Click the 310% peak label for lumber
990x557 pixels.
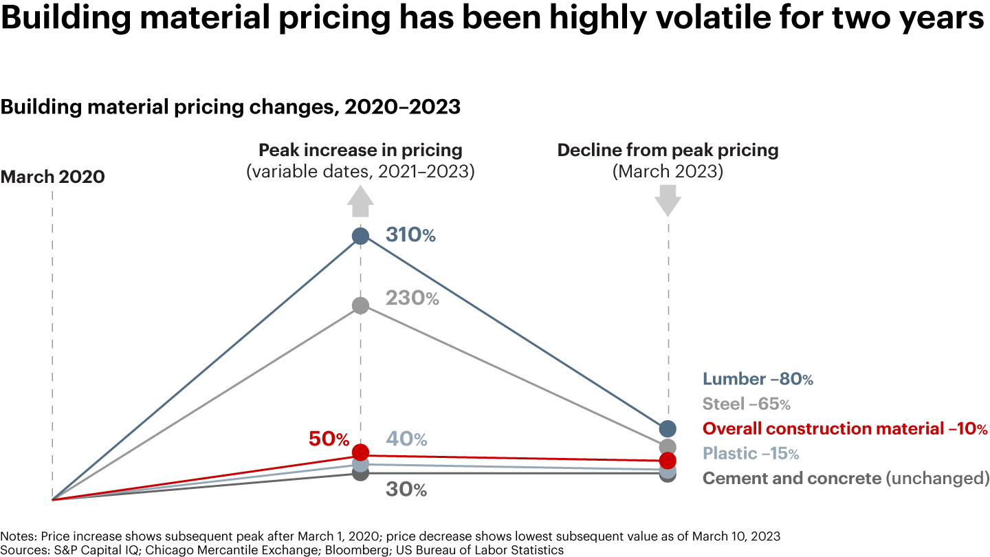pos(410,235)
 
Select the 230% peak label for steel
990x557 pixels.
pos(412,298)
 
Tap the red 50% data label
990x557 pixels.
pos(328,439)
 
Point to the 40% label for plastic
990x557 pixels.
pos(406,439)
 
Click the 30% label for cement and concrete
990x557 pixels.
pos(406,490)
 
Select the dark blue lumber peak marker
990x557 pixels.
pos(360,236)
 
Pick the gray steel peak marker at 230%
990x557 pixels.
pos(360,305)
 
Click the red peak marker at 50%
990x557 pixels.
pos(360,452)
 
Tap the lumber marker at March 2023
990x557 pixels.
pos(668,428)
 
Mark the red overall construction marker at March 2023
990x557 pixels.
pos(668,460)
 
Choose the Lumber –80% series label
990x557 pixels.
pos(758,379)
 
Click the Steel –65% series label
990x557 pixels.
pos(746,404)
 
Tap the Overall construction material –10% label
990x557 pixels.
pos(845,428)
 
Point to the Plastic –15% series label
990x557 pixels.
pos(750,454)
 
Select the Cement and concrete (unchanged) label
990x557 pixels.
pos(846,479)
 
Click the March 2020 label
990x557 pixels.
pos(53,177)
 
